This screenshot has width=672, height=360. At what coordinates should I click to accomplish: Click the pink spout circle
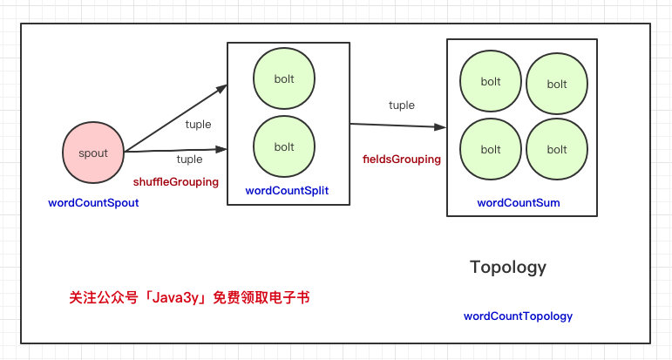click(93, 153)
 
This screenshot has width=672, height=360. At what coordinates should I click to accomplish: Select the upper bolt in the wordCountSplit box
click(284, 78)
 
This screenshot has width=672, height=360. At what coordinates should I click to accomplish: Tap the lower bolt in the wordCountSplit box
click(284, 146)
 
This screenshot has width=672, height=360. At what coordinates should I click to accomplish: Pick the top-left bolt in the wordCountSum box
click(491, 81)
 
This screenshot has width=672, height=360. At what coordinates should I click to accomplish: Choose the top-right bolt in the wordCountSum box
click(557, 84)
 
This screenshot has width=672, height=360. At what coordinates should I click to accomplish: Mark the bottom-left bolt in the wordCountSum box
click(491, 149)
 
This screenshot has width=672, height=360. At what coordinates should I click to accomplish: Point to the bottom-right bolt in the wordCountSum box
click(557, 149)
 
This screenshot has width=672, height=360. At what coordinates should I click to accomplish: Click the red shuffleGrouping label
click(176, 182)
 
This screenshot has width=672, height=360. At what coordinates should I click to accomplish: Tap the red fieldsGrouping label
click(402, 160)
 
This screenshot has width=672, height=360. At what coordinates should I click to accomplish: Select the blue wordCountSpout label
click(93, 203)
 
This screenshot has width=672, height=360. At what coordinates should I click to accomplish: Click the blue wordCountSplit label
click(287, 191)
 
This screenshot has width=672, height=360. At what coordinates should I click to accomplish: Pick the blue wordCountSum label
click(519, 203)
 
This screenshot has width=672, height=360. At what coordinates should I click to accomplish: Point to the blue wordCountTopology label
click(518, 316)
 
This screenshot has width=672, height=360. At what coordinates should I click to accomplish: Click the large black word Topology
click(508, 267)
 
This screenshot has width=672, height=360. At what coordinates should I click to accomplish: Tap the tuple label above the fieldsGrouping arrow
click(402, 105)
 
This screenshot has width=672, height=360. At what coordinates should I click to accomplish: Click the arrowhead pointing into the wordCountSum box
click(440, 127)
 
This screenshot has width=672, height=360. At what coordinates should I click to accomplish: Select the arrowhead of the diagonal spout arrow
click(221, 88)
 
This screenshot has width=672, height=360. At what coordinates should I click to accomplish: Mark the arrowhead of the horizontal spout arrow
click(221, 150)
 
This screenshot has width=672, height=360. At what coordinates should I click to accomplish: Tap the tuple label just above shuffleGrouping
click(189, 160)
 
